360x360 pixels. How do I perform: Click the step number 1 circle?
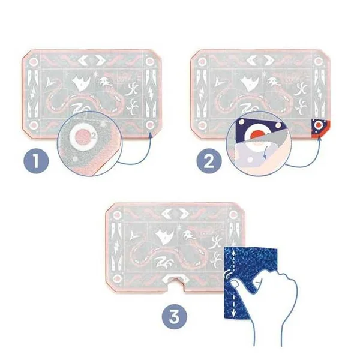(36, 161)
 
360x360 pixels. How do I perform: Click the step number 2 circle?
(209, 161)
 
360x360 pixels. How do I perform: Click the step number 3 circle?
(175, 317)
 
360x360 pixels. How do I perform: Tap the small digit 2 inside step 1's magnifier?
(94, 135)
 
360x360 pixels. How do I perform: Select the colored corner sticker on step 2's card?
(320, 128)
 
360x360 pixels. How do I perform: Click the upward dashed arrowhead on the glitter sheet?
(234, 253)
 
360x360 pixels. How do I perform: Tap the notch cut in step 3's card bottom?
(176, 286)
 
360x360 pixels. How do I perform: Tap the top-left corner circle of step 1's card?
(34, 62)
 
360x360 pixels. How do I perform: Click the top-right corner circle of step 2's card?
(319, 62)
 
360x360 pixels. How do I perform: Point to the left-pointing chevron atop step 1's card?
(83, 60)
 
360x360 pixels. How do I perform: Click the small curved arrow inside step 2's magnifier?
(266, 152)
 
